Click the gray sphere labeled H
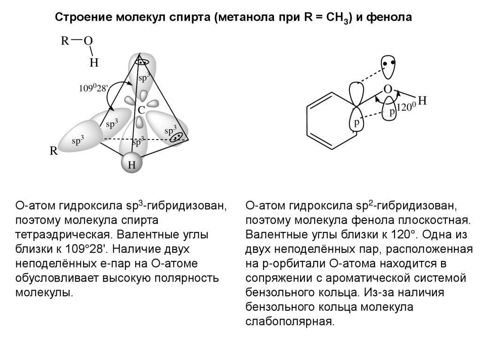coord(132,165)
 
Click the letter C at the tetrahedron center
coord(141,110)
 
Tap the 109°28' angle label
coord(94,88)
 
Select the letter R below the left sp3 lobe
coord(54,152)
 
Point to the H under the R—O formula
coord(94,62)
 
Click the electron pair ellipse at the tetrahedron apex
coord(141,61)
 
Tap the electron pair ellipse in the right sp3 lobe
coord(177,137)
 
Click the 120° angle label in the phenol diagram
coord(407,107)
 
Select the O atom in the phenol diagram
coord(388,89)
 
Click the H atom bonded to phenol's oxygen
coord(422,100)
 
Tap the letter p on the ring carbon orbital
coord(357,123)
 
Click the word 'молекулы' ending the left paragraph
coord(45,293)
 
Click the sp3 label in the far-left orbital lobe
coord(78,140)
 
